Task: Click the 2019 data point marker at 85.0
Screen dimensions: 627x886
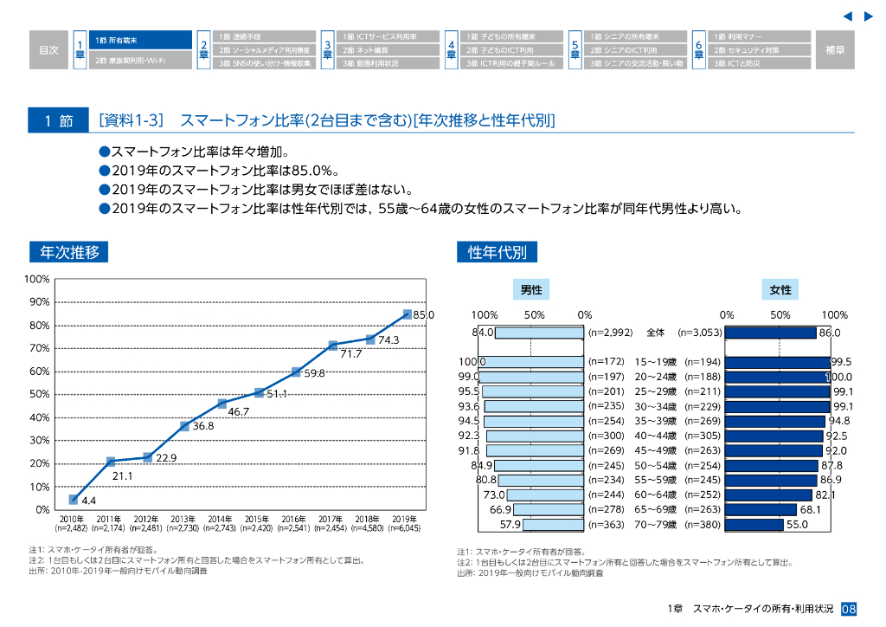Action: [x=407, y=314]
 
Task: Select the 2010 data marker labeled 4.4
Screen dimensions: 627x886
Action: [x=74, y=500]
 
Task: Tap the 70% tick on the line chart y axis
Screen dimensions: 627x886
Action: [x=40, y=348]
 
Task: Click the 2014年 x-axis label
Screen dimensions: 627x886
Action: [x=221, y=519]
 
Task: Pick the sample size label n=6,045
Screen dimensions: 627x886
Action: [x=407, y=527]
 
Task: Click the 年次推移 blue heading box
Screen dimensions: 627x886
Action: [x=69, y=252]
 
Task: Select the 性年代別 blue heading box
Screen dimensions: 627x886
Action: [x=497, y=252]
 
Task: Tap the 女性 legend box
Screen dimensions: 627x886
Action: [x=780, y=290]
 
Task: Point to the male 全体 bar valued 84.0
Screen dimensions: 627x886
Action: [x=539, y=332]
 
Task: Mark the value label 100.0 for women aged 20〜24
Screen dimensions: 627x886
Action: [x=839, y=377]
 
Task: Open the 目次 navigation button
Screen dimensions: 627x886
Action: [x=48, y=50]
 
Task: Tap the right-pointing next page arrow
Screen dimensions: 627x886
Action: [x=869, y=16]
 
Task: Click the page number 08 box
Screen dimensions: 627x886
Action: [x=849, y=609]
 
